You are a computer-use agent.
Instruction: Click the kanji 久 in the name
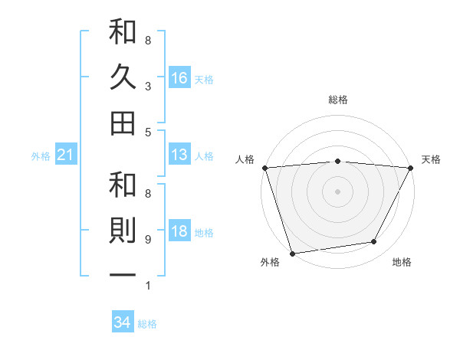[123, 77]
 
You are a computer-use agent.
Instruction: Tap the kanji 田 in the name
[123, 123]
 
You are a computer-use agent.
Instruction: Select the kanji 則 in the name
[123, 231]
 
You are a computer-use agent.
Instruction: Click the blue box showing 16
[179, 77]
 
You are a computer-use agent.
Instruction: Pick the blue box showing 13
[179, 155]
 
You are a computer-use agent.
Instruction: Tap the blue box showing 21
[66, 155]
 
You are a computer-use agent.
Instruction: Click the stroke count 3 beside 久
[148, 87]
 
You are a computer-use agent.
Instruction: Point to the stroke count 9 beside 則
[148, 240]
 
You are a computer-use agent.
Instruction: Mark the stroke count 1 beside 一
[148, 286]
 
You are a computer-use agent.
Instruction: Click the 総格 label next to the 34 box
[147, 324]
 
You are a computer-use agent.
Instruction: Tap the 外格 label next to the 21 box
[41, 156]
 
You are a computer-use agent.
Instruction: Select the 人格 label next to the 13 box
[204, 156]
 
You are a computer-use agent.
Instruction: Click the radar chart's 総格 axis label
[337, 100]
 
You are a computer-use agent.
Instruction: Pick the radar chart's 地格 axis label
[402, 263]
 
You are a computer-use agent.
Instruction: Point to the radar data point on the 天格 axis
[411, 167]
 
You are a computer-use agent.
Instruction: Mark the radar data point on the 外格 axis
[292, 253]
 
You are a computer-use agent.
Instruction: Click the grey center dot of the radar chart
[337, 191]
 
